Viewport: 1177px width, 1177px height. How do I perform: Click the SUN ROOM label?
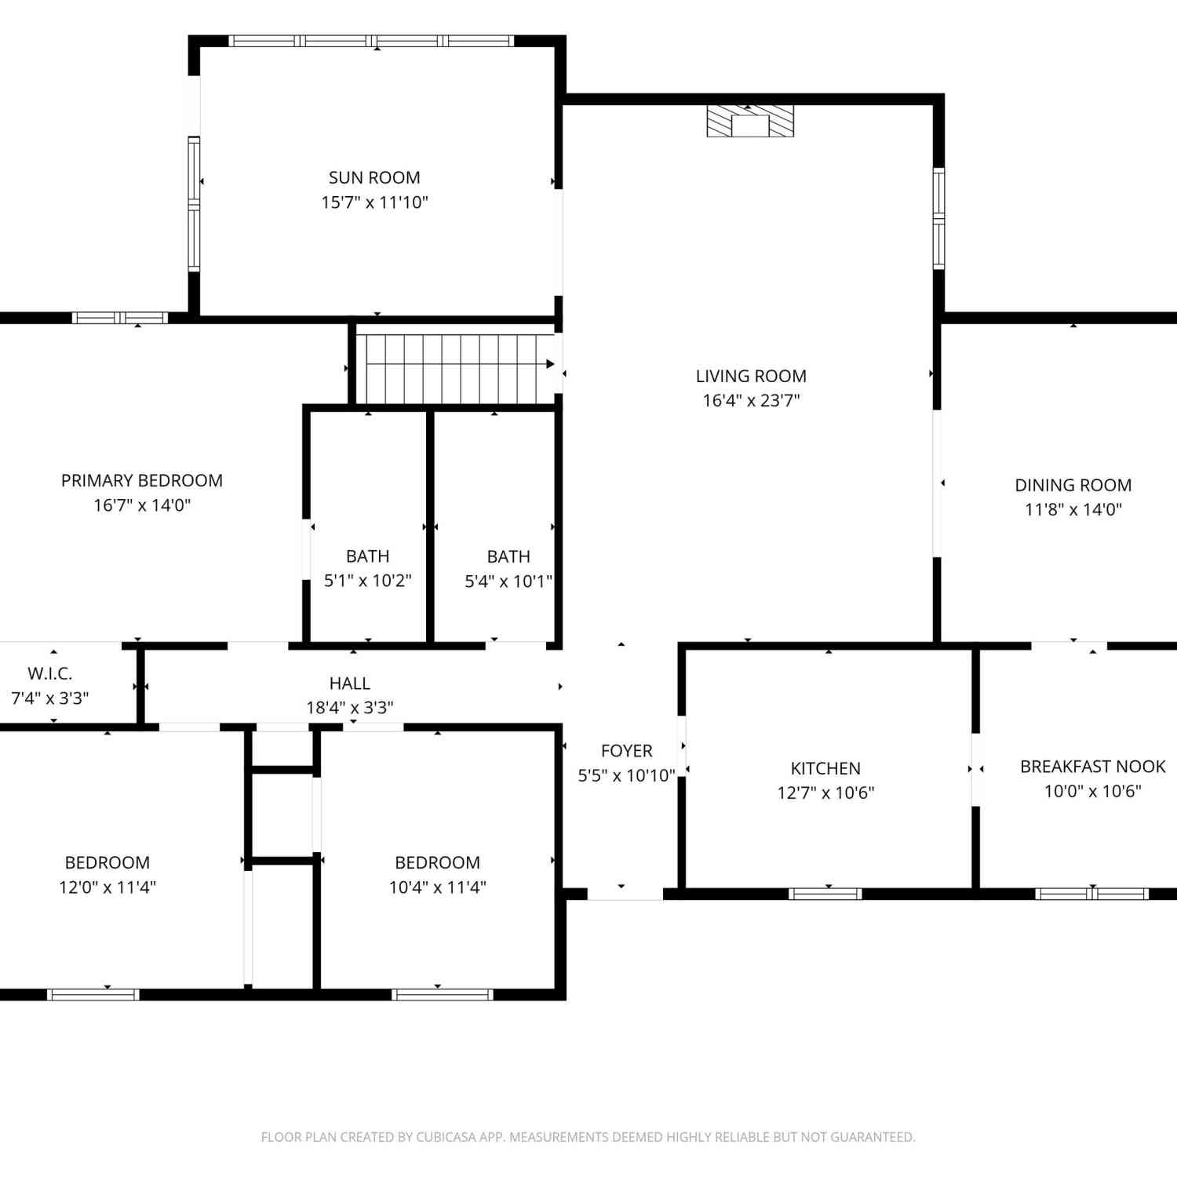point(374,177)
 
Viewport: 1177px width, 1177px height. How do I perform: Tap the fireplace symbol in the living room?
point(750,122)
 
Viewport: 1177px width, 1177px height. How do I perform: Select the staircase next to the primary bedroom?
point(456,369)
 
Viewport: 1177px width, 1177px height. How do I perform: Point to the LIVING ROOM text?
point(751,376)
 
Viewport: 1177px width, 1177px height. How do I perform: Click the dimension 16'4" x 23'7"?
point(751,400)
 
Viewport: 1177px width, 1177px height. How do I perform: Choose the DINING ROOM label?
point(1073,485)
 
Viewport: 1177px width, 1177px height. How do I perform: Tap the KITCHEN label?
point(825,768)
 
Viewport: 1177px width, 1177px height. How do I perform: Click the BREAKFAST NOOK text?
point(1092,766)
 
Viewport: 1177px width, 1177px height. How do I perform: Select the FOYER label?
point(626,751)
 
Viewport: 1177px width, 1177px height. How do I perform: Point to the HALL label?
point(350,683)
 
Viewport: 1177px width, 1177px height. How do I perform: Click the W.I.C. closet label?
point(50,673)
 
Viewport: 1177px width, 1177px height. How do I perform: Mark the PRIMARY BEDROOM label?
point(142,480)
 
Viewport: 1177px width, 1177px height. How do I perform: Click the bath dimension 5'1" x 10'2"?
point(367,581)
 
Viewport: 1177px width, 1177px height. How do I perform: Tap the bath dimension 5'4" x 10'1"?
point(508,581)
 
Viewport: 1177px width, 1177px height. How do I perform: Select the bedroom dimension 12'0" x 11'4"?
point(107,887)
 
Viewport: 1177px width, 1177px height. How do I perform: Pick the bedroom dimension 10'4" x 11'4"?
point(438,887)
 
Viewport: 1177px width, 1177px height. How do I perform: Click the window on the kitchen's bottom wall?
point(825,894)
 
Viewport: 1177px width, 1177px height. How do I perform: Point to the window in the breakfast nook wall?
point(1092,894)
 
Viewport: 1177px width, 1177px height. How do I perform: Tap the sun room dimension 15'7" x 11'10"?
point(374,202)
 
